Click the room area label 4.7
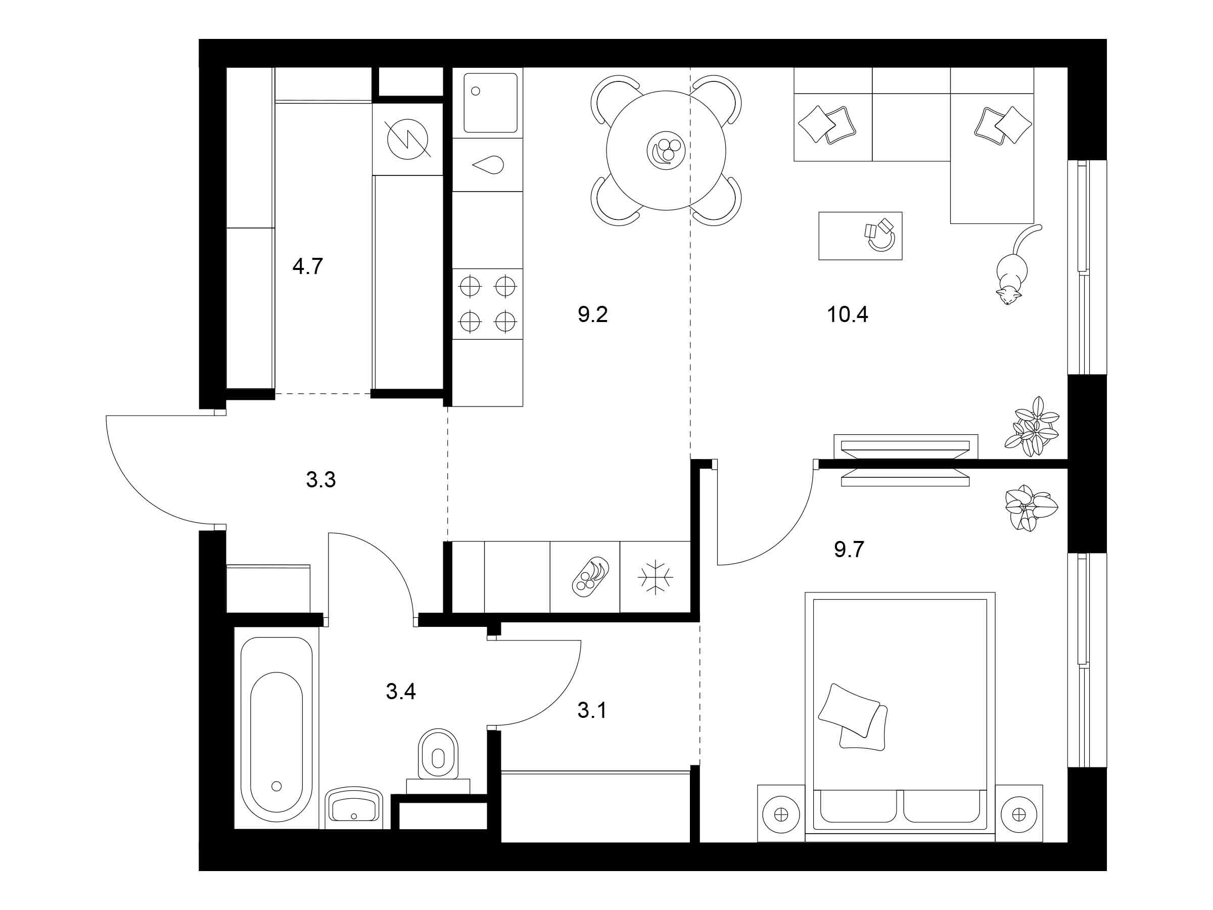[x=308, y=266]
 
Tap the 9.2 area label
[x=593, y=315]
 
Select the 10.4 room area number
[x=847, y=315]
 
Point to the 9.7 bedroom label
[x=849, y=549]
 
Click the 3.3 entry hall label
[x=321, y=480]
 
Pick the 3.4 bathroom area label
[x=401, y=692]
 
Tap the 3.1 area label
[x=592, y=711]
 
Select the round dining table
[x=666, y=150]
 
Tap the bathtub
[x=276, y=729]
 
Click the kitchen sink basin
[x=490, y=103]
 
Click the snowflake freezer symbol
[x=655, y=577]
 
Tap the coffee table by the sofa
[x=860, y=236]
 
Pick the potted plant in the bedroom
[x=1031, y=508]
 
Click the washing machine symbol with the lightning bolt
[x=408, y=140]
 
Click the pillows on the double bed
[x=852, y=717]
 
